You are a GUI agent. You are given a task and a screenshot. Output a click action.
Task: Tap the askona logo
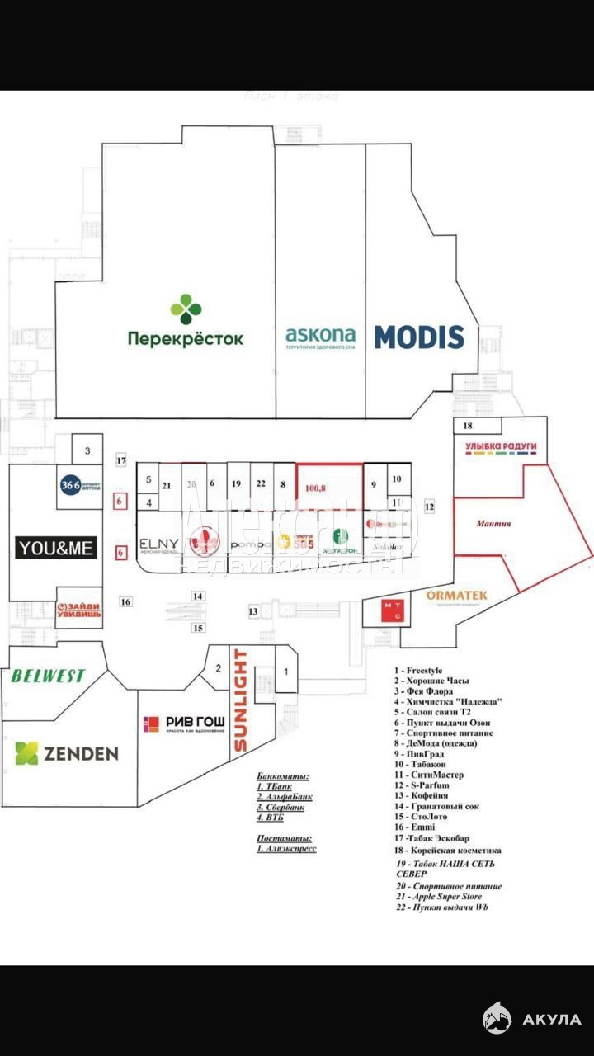[x=321, y=337]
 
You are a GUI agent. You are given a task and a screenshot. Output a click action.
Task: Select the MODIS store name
[x=419, y=337]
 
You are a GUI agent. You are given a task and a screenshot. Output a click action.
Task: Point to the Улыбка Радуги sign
[x=501, y=446]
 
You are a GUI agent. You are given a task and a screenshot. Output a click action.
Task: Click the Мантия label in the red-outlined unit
[x=494, y=523]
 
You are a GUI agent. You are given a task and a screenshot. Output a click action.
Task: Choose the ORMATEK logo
[x=456, y=596]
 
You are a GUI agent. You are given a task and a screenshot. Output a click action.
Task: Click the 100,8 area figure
[x=316, y=488]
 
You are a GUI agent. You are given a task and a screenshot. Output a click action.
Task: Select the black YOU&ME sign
[x=57, y=547]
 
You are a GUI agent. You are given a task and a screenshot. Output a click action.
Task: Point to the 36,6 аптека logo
[x=80, y=486]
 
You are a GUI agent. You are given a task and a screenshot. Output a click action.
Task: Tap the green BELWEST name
[x=48, y=676]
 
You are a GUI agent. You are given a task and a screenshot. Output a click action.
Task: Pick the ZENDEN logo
[x=67, y=752]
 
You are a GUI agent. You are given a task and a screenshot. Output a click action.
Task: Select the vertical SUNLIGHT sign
[x=240, y=700]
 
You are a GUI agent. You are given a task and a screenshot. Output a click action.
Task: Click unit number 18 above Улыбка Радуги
[x=467, y=426]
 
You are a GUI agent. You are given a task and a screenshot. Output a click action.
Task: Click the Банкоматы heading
[x=282, y=776]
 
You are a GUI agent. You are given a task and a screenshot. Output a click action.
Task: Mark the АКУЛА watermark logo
[x=532, y=1019]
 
